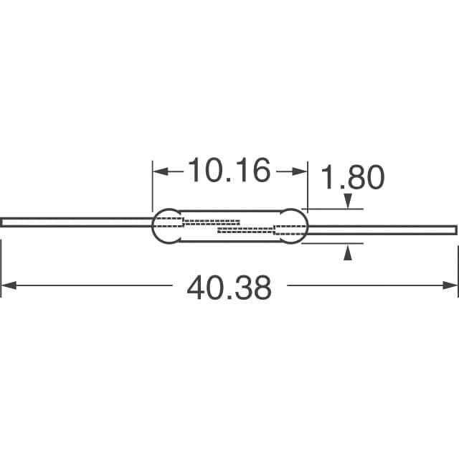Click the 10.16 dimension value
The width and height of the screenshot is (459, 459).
click(229, 170)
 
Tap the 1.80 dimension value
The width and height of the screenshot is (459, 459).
click(352, 177)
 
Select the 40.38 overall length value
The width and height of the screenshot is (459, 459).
click(229, 287)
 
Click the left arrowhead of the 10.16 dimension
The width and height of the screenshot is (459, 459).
click(161, 171)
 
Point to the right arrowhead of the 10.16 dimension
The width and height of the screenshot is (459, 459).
click(299, 171)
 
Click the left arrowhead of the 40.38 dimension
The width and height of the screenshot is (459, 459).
click(9, 285)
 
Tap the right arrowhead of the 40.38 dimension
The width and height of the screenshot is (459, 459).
click(450, 285)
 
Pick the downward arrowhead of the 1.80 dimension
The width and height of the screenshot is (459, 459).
click(347, 201)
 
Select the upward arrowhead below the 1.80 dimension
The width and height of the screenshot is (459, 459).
click(347, 253)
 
